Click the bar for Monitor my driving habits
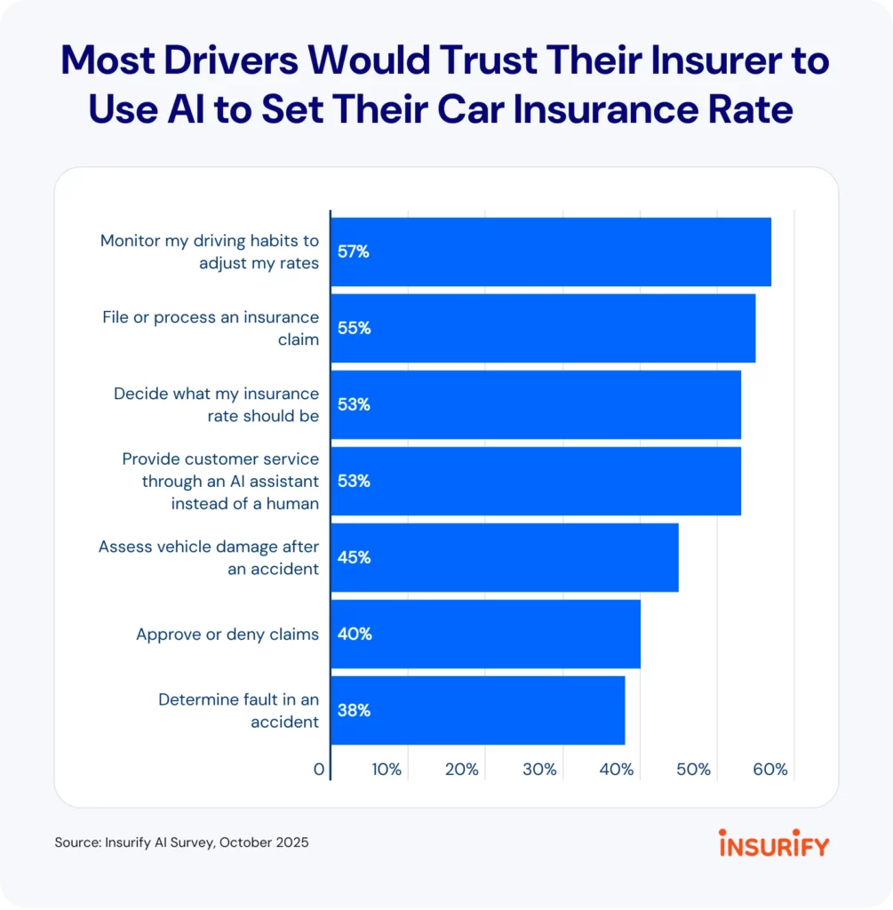(551, 251)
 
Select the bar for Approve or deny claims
(485, 634)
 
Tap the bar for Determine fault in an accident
(478, 710)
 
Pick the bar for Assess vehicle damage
(505, 557)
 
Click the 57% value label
(353, 251)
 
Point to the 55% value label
(353, 328)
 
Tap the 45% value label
(353, 557)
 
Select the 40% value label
(353, 634)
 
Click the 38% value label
(353, 710)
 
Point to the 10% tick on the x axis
(387, 770)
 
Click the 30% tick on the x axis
(540, 770)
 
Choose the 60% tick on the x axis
(770, 770)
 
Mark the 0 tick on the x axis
(319, 770)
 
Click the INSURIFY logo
(773, 843)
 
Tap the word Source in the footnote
(75, 842)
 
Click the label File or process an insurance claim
(211, 328)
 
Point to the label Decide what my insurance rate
(216, 404)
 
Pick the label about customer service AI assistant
(220, 481)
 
